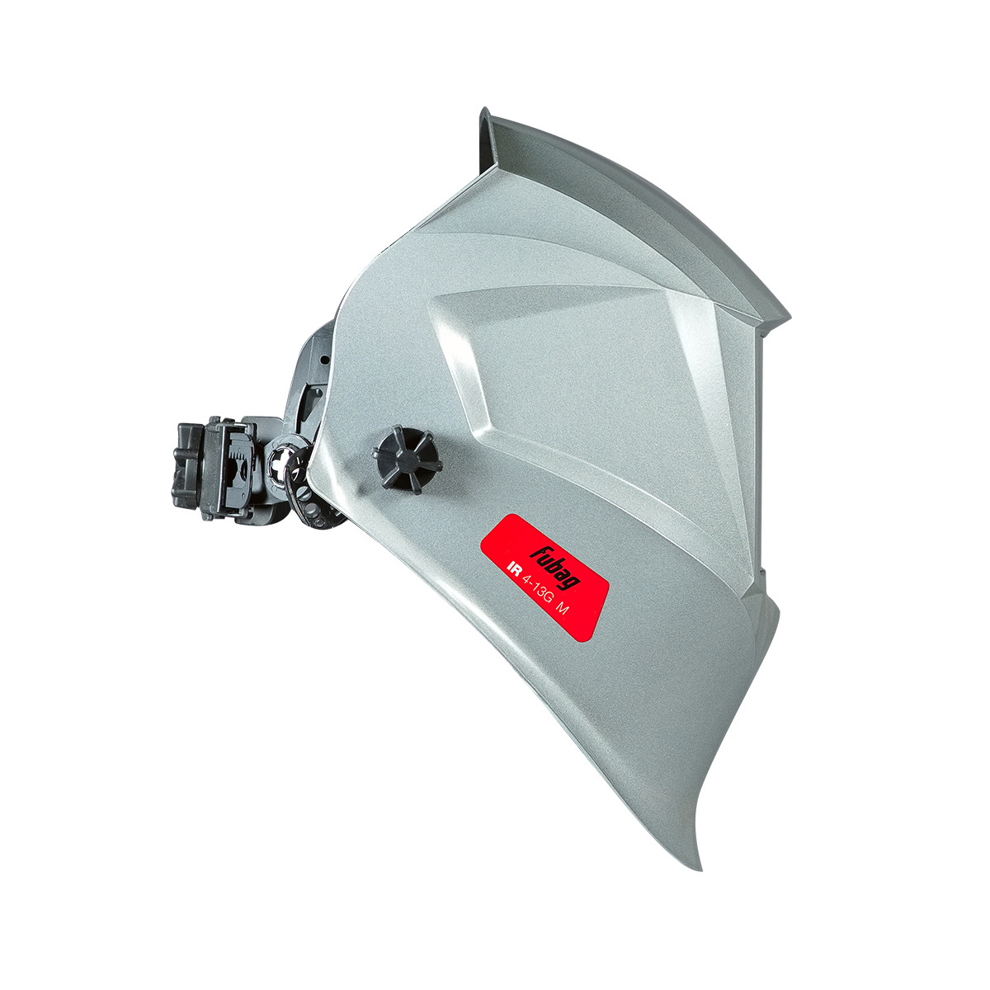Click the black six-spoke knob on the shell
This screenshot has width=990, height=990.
pyautogui.click(x=407, y=460)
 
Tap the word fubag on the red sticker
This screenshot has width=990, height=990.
pyautogui.click(x=555, y=567)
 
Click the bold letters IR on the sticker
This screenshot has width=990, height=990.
pyautogui.click(x=513, y=570)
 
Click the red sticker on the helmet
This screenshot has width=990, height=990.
pyautogui.click(x=544, y=577)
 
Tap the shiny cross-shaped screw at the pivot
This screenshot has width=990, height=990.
pyautogui.click(x=282, y=462)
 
